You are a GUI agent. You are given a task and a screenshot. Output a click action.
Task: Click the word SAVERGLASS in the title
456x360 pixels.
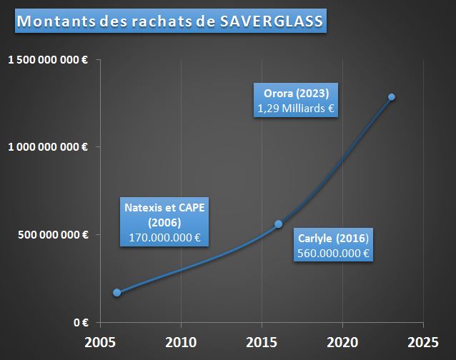point(272,21)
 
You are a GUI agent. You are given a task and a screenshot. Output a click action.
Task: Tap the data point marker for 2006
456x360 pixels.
point(117,292)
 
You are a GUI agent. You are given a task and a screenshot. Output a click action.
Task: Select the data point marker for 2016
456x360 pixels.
point(279,224)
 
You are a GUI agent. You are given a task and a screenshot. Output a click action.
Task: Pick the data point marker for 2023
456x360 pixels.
point(392,97)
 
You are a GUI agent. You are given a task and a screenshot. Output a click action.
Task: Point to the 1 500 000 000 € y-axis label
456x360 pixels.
point(48,60)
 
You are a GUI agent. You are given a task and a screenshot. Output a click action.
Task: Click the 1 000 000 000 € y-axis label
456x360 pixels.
point(48,147)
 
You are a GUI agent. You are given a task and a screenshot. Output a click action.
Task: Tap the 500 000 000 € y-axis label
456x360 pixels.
point(54,234)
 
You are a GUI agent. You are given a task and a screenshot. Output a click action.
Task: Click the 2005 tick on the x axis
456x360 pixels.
point(100,341)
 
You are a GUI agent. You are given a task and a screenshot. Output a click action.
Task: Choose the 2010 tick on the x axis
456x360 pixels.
point(181,341)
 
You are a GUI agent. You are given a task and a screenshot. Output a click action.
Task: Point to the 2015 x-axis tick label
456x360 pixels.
point(262,341)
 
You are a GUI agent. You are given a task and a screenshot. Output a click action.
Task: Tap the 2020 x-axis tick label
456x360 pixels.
point(342,341)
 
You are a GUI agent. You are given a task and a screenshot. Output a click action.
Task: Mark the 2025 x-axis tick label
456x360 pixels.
point(423,341)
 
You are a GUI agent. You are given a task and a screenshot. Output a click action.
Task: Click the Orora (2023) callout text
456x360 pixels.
point(296,94)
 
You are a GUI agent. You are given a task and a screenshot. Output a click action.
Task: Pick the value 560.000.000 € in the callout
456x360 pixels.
point(335,253)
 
